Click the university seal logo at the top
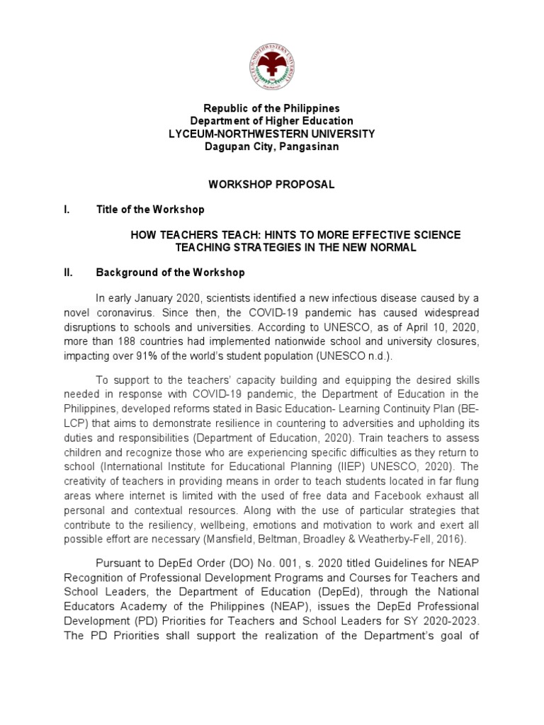(x=272, y=67)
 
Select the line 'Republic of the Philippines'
(x=272, y=108)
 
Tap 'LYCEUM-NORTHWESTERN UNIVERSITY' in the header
(x=272, y=134)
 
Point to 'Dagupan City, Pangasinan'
(x=272, y=147)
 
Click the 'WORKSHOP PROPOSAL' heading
(x=271, y=184)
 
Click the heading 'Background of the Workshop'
(x=170, y=273)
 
